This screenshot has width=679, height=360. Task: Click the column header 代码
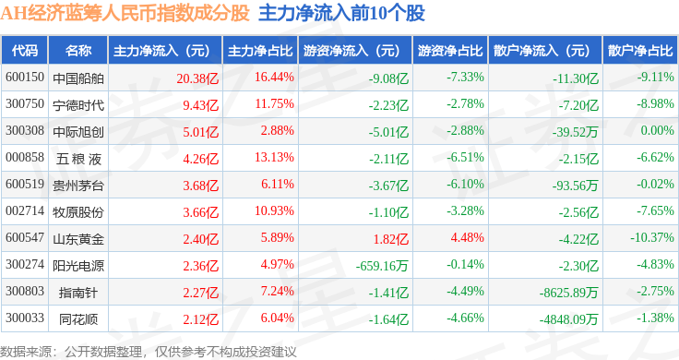pyautogui.click(x=25, y=51)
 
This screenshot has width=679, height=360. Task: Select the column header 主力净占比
pyautogui.click(x=260, y=51)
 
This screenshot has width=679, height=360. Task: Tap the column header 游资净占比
pyautogui.click(x=450, y=51)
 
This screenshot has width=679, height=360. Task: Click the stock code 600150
pyautogui.click(x=25, y=78)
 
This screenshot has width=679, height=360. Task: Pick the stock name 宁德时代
pyautogui.click(x=78, y=105)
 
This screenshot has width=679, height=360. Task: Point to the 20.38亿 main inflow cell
pyautogui.click(x=197, y=78)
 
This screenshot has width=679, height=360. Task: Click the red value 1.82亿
pyautogui.click(x=391, y=239)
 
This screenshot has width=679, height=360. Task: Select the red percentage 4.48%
pyautogui.click(x=467, y=238)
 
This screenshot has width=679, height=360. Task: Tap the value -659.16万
pyautogui.click(x=382, y=266)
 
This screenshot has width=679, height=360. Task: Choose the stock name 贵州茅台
pyautogui.click(x=78, y=186)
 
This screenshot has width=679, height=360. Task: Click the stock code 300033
pyautogui.click(x=25, y=318)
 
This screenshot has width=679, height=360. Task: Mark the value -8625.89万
pyautogui.click(x=568, y=293)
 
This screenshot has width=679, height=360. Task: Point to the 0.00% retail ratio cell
pyautogui.click(x=658, y=131)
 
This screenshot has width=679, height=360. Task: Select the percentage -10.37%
pyautogui.click(x=652, y=238)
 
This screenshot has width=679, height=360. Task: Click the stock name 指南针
pyautogui.click(x=78, y=293)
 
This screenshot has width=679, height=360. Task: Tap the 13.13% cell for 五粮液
pyautogui.click(x=274, y=157)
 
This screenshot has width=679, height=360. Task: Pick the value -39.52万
pyautogui.click(x=575, y=132)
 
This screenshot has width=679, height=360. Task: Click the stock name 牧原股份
pyautogui.click(x=78, y=212)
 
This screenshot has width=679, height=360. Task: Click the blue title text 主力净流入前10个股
pyautogui.click(x=341, y=13)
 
